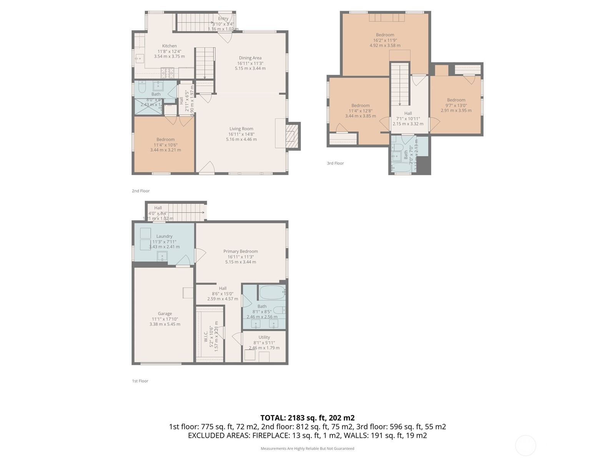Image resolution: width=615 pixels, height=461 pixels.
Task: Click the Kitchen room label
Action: [169, 46]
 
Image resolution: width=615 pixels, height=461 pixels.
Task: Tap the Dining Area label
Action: [250, 58]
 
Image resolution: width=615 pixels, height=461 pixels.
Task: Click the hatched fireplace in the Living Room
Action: [293, 136]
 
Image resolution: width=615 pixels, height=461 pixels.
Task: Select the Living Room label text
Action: [241, 129]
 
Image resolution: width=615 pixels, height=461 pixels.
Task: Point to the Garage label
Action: [165, 314]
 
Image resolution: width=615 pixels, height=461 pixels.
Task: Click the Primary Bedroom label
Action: [241, 252]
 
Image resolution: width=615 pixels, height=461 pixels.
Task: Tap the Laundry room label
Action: [164, 237]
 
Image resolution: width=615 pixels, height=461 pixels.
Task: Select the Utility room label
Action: [264, 337]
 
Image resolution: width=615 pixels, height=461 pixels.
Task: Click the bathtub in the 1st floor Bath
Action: [272, 293]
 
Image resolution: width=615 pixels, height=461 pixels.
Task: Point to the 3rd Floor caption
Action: [335, 163]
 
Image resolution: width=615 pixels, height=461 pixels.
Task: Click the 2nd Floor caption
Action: [141, 191]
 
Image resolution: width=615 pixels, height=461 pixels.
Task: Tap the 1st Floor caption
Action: [140, 381]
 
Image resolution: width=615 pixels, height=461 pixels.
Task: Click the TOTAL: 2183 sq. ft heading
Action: [307, 418]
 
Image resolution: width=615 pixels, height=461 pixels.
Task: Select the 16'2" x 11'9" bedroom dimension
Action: [385, 40]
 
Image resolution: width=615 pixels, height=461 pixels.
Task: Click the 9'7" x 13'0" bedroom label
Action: [456, 105]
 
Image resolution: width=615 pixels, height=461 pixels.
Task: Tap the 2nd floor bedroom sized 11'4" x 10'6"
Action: [165, 145]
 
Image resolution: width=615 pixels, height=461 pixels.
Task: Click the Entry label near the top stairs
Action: [223, 18]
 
